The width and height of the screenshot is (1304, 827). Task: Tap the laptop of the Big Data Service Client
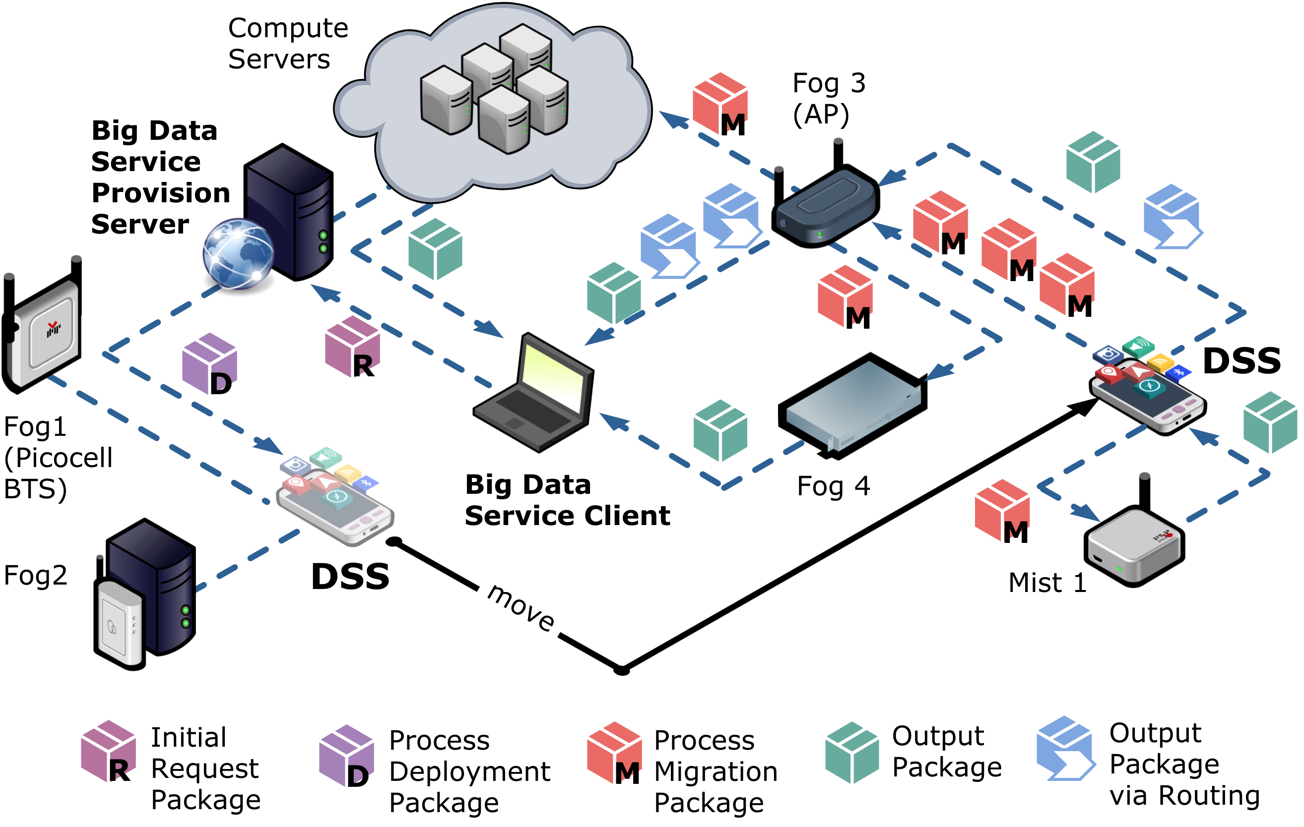536,395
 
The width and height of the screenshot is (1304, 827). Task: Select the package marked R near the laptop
352,347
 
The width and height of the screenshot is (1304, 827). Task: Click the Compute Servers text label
287,43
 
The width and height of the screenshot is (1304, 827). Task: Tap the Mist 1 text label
1047,583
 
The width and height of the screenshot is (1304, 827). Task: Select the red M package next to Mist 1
1002,512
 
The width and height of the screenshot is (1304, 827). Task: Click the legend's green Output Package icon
852,752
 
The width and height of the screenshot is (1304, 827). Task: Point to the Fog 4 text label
833,486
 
